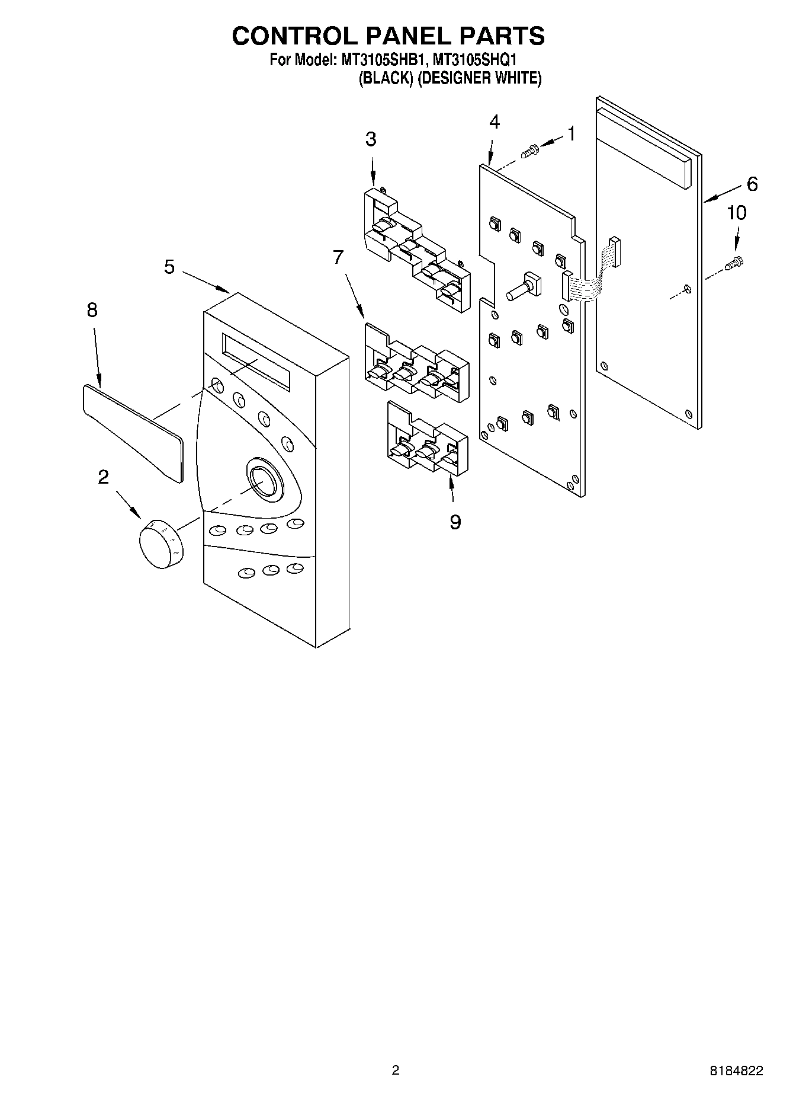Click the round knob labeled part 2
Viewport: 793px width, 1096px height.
160,542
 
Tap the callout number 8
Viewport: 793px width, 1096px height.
92,310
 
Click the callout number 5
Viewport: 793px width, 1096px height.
169,267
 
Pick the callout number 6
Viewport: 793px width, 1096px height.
752,184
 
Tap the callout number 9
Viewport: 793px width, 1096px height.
455,522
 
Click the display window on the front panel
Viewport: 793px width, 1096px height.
256,362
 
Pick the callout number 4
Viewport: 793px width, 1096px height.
494,122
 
